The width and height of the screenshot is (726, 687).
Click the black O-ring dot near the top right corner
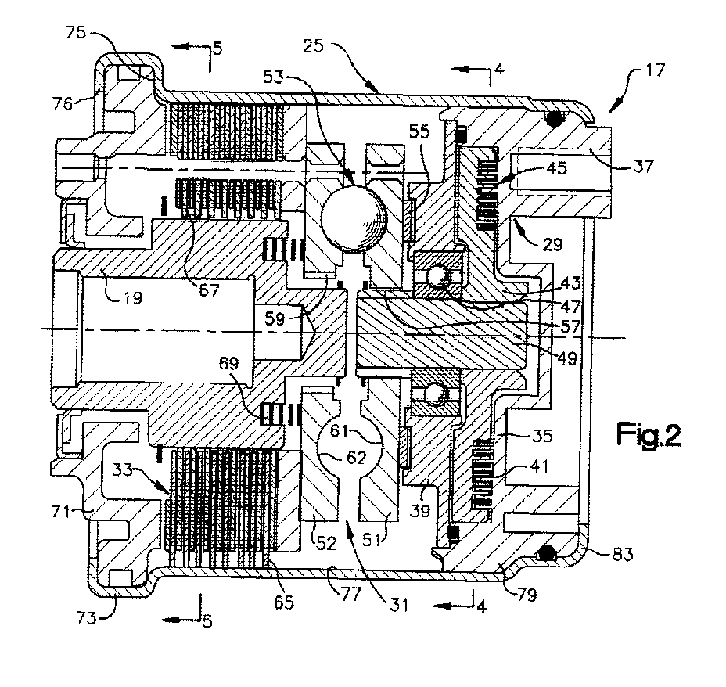pyautogui.click(x=555, y=120)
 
